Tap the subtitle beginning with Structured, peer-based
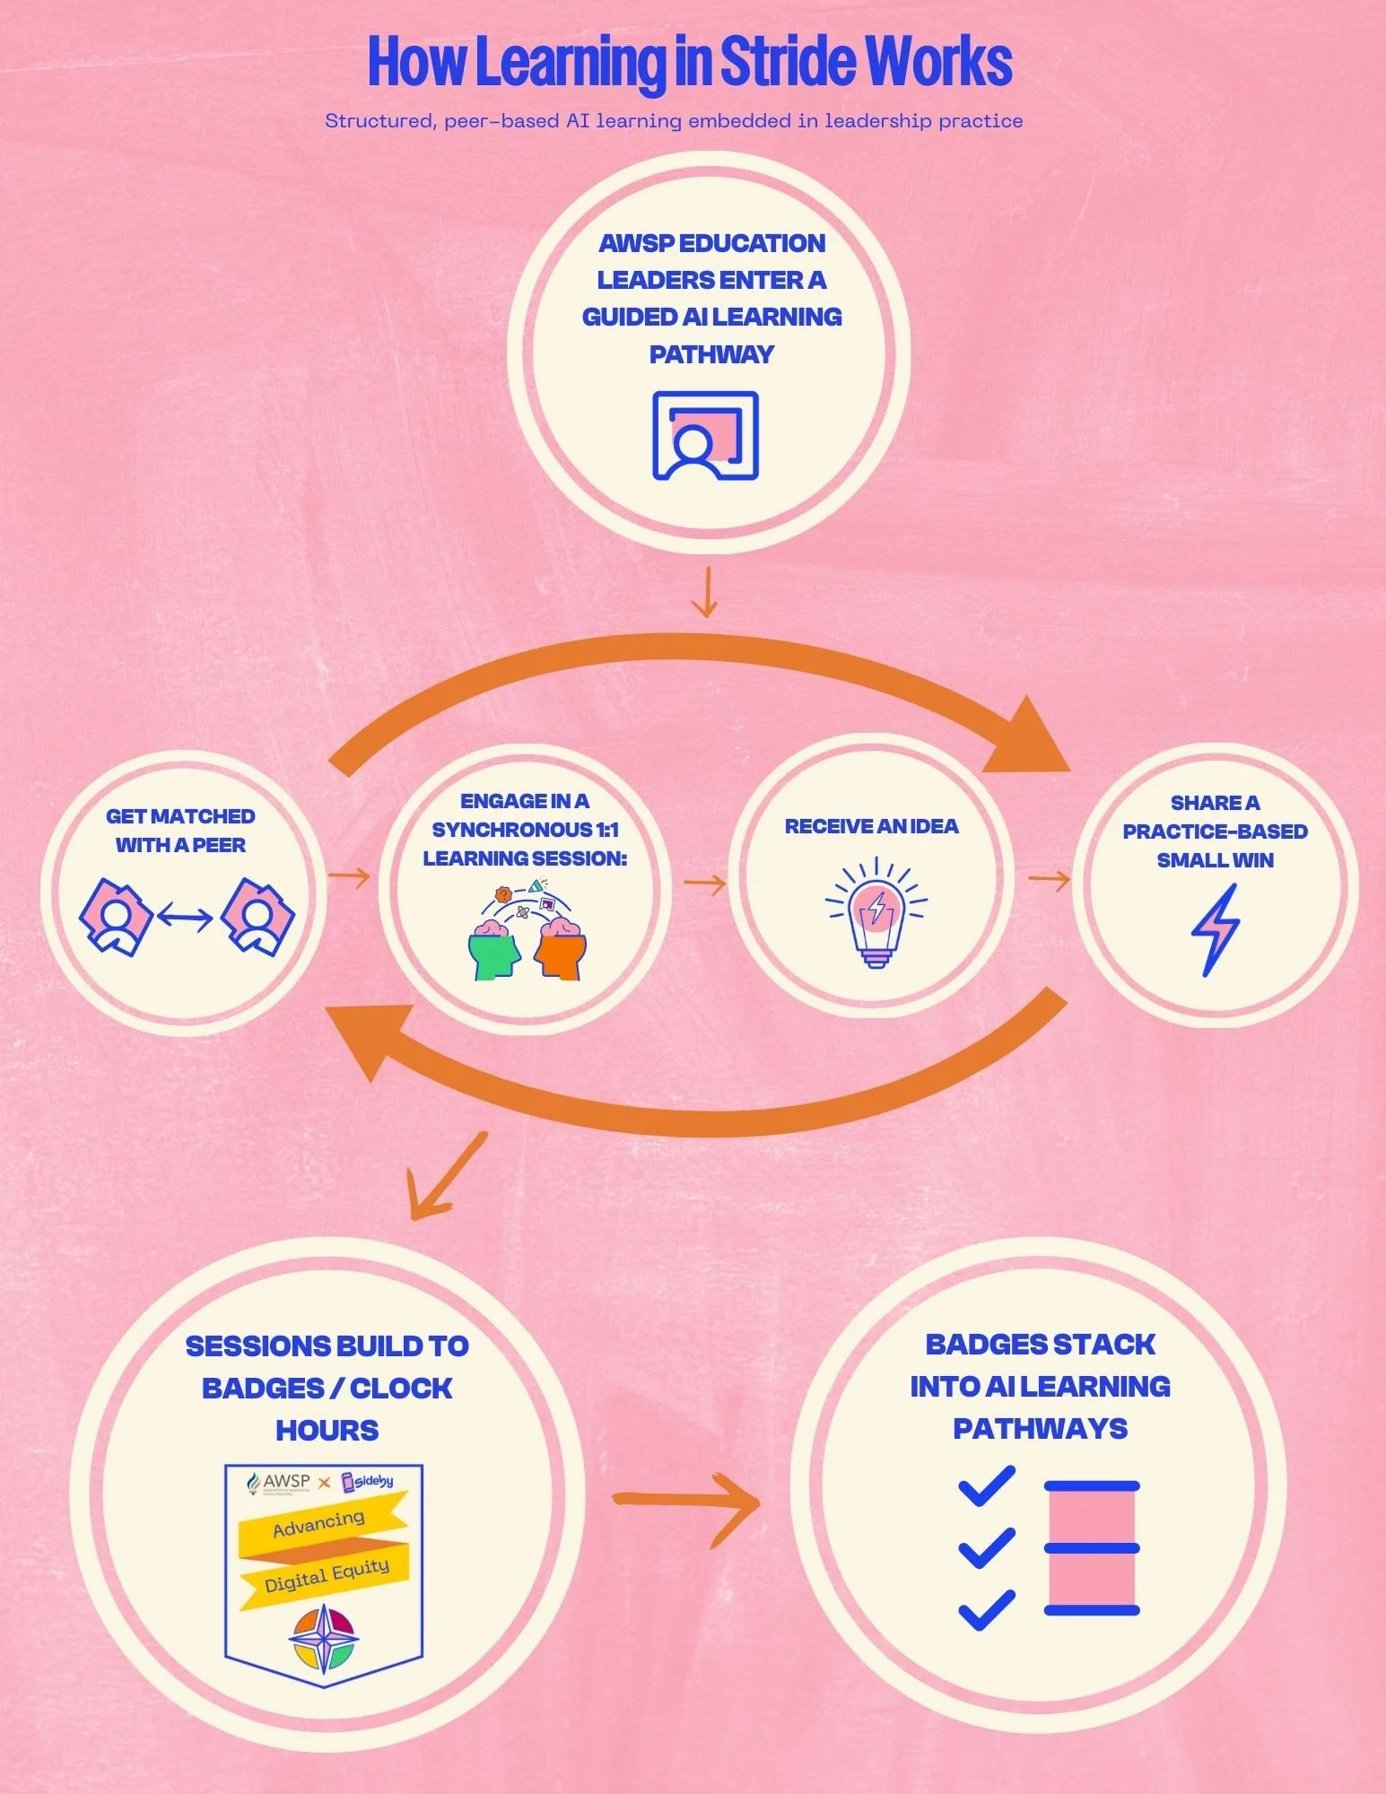pos(674,121)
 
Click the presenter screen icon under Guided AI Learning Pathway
pos(705,435)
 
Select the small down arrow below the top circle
pos(706,592)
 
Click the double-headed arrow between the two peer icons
pos(185,917)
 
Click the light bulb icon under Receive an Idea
pos(876,911)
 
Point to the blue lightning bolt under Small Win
pos(1216,929)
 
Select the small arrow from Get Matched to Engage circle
pos(349,876)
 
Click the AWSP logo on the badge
pos(279,1482)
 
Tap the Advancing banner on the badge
pos(319,1522)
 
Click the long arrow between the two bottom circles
pos(686,1501)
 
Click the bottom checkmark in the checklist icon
pos(987,1610)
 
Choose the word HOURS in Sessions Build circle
pos(327,1430)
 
